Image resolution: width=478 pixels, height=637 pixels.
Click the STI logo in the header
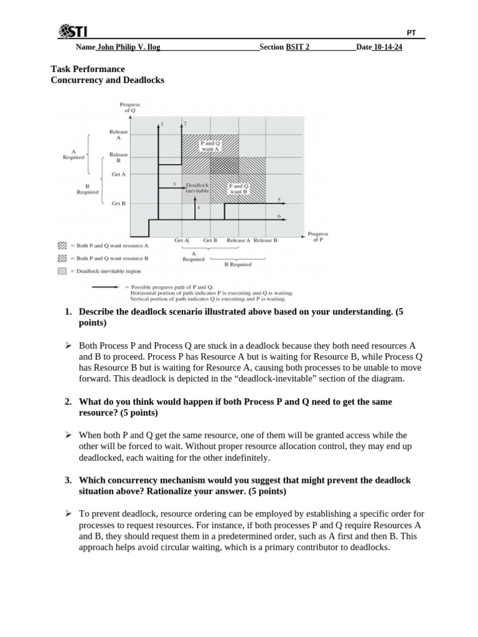(x=73, y=31)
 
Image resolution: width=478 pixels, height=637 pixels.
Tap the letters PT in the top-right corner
(x=411, y=32)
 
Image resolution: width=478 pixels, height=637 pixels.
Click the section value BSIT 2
(x=298, y=47)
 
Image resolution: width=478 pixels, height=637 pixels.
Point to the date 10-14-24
(x=387, y=47)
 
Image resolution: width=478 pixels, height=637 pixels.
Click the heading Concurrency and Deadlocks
(x=107, y=80)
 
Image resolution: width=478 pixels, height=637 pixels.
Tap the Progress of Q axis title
(x=130, y=108)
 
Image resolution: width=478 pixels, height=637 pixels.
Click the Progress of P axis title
(x=317, y=236)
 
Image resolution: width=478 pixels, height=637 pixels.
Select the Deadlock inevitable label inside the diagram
(x=197, y=187)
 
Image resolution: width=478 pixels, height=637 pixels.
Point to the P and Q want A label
(x=210, y=146)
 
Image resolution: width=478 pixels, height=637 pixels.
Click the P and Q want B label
(x=238, y=188)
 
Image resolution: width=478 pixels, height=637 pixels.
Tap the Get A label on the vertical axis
(x=118, y=175)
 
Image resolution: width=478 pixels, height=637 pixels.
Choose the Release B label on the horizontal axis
(x=266, y=240)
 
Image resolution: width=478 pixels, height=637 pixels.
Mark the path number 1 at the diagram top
(x=162, y=124)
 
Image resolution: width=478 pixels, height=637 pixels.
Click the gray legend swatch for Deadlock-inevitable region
(x=62, y=271)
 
